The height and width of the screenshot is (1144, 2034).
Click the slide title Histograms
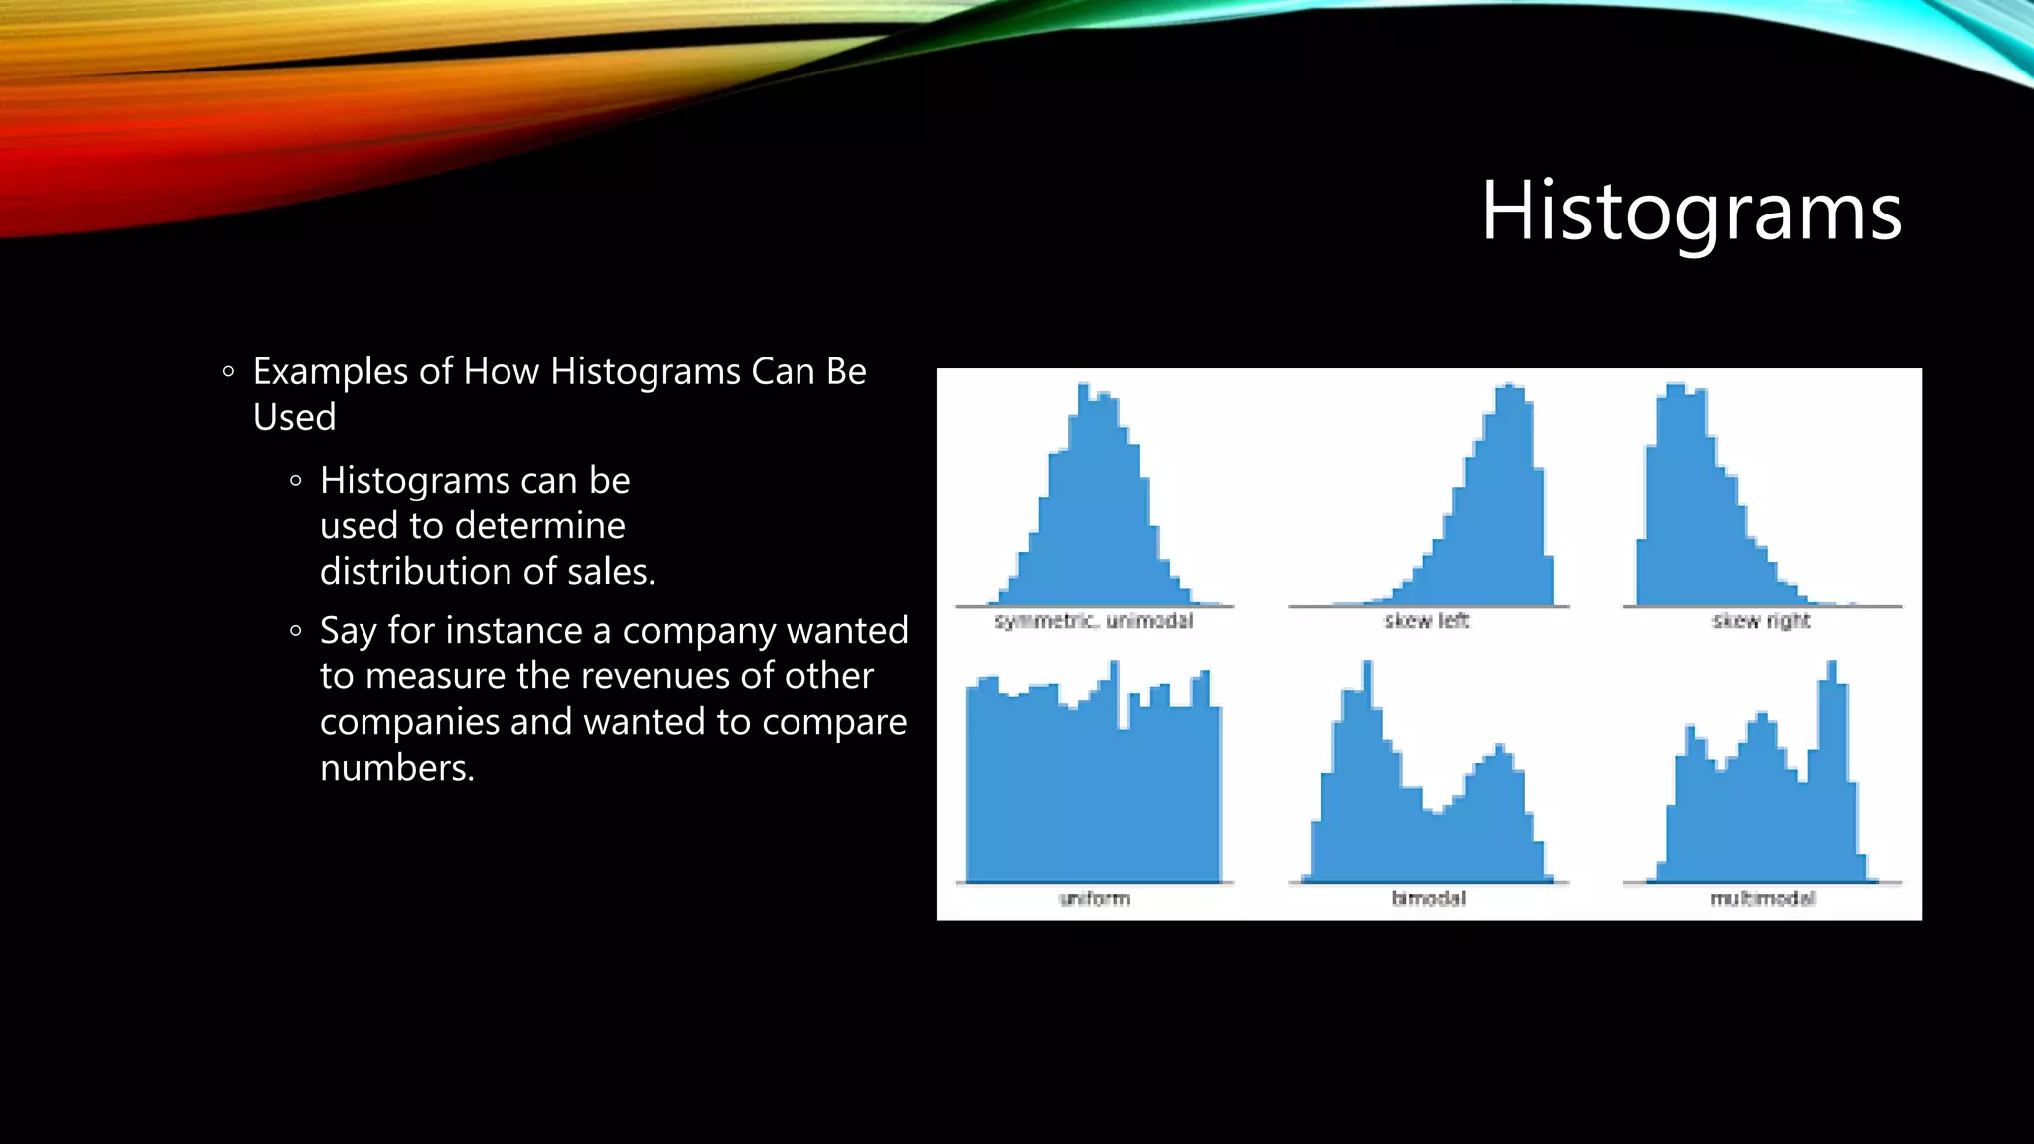[x=1690, y=212]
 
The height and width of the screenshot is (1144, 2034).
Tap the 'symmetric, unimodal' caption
[x=1093, y=621]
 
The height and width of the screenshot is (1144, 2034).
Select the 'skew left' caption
[x=1427, y=621]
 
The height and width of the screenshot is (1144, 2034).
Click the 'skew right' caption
[x=1761, y=621]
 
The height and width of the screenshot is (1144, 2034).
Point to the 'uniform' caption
[x=1094, y=899]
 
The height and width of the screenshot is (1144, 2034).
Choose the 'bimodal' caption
[x=1428, y=899]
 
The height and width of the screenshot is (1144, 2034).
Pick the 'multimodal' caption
[x=1763, y=899]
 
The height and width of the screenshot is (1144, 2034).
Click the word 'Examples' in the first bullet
[x=330, y=372]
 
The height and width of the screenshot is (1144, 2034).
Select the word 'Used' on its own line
[x=294, y=418]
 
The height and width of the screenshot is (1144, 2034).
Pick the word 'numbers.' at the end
[x=397, y=768]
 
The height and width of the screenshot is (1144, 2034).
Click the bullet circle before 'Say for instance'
[x=295, y=631]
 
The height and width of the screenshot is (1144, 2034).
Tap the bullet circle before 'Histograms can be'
[x=295, y=481]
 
